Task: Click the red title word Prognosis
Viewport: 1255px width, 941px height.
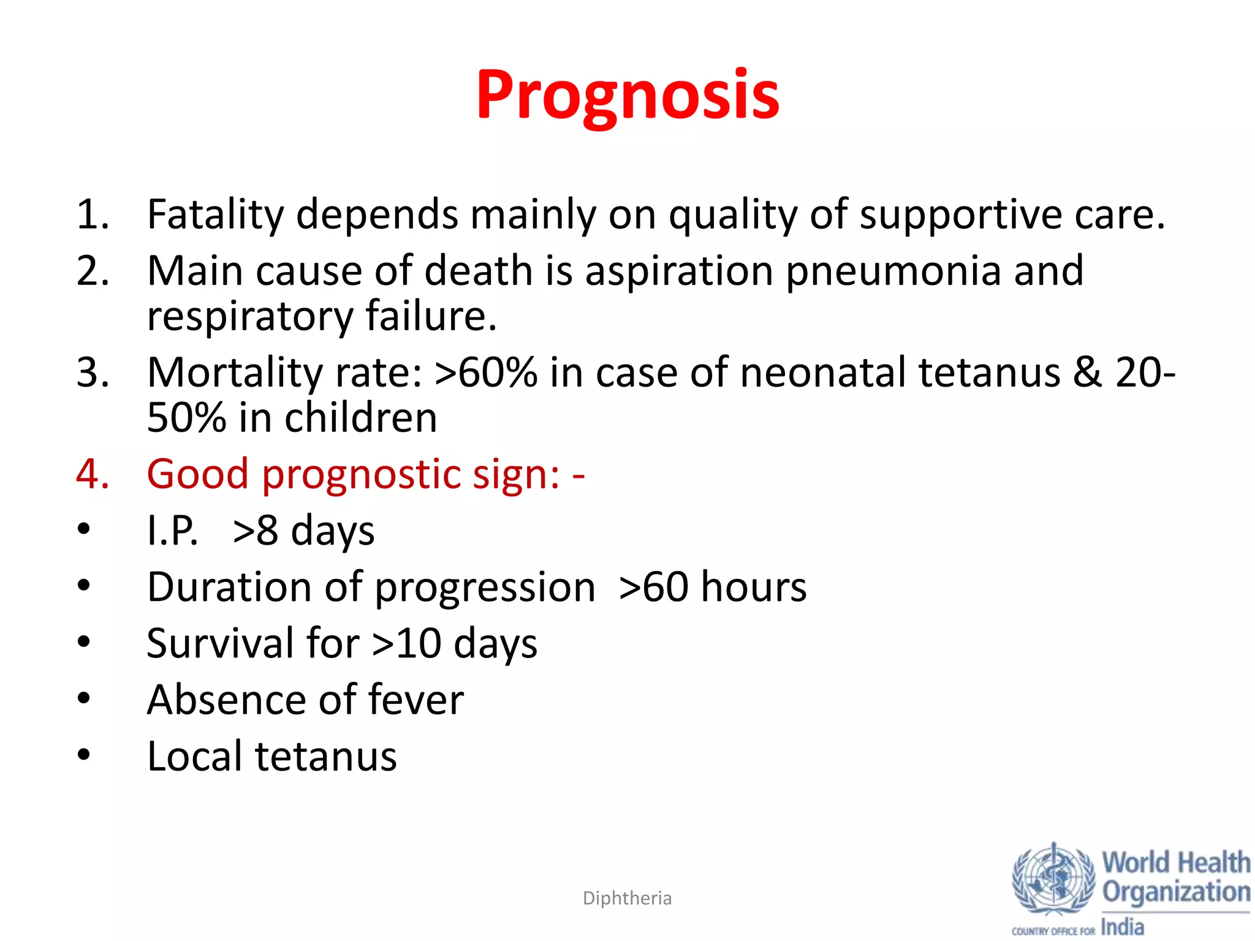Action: pos(627,95)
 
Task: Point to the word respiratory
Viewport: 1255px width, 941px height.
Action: pos(250,317)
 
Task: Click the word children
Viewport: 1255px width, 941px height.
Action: pos(361,418)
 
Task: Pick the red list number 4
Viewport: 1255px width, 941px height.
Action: pos(93,474)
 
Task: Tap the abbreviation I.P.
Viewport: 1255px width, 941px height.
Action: pos(173,531)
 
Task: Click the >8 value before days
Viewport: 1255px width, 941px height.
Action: pos(256,531)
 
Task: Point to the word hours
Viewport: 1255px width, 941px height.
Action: pos(754,587)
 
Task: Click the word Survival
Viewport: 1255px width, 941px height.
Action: pos(220,644)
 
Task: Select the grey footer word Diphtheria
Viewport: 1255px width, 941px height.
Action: pos(627,898)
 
